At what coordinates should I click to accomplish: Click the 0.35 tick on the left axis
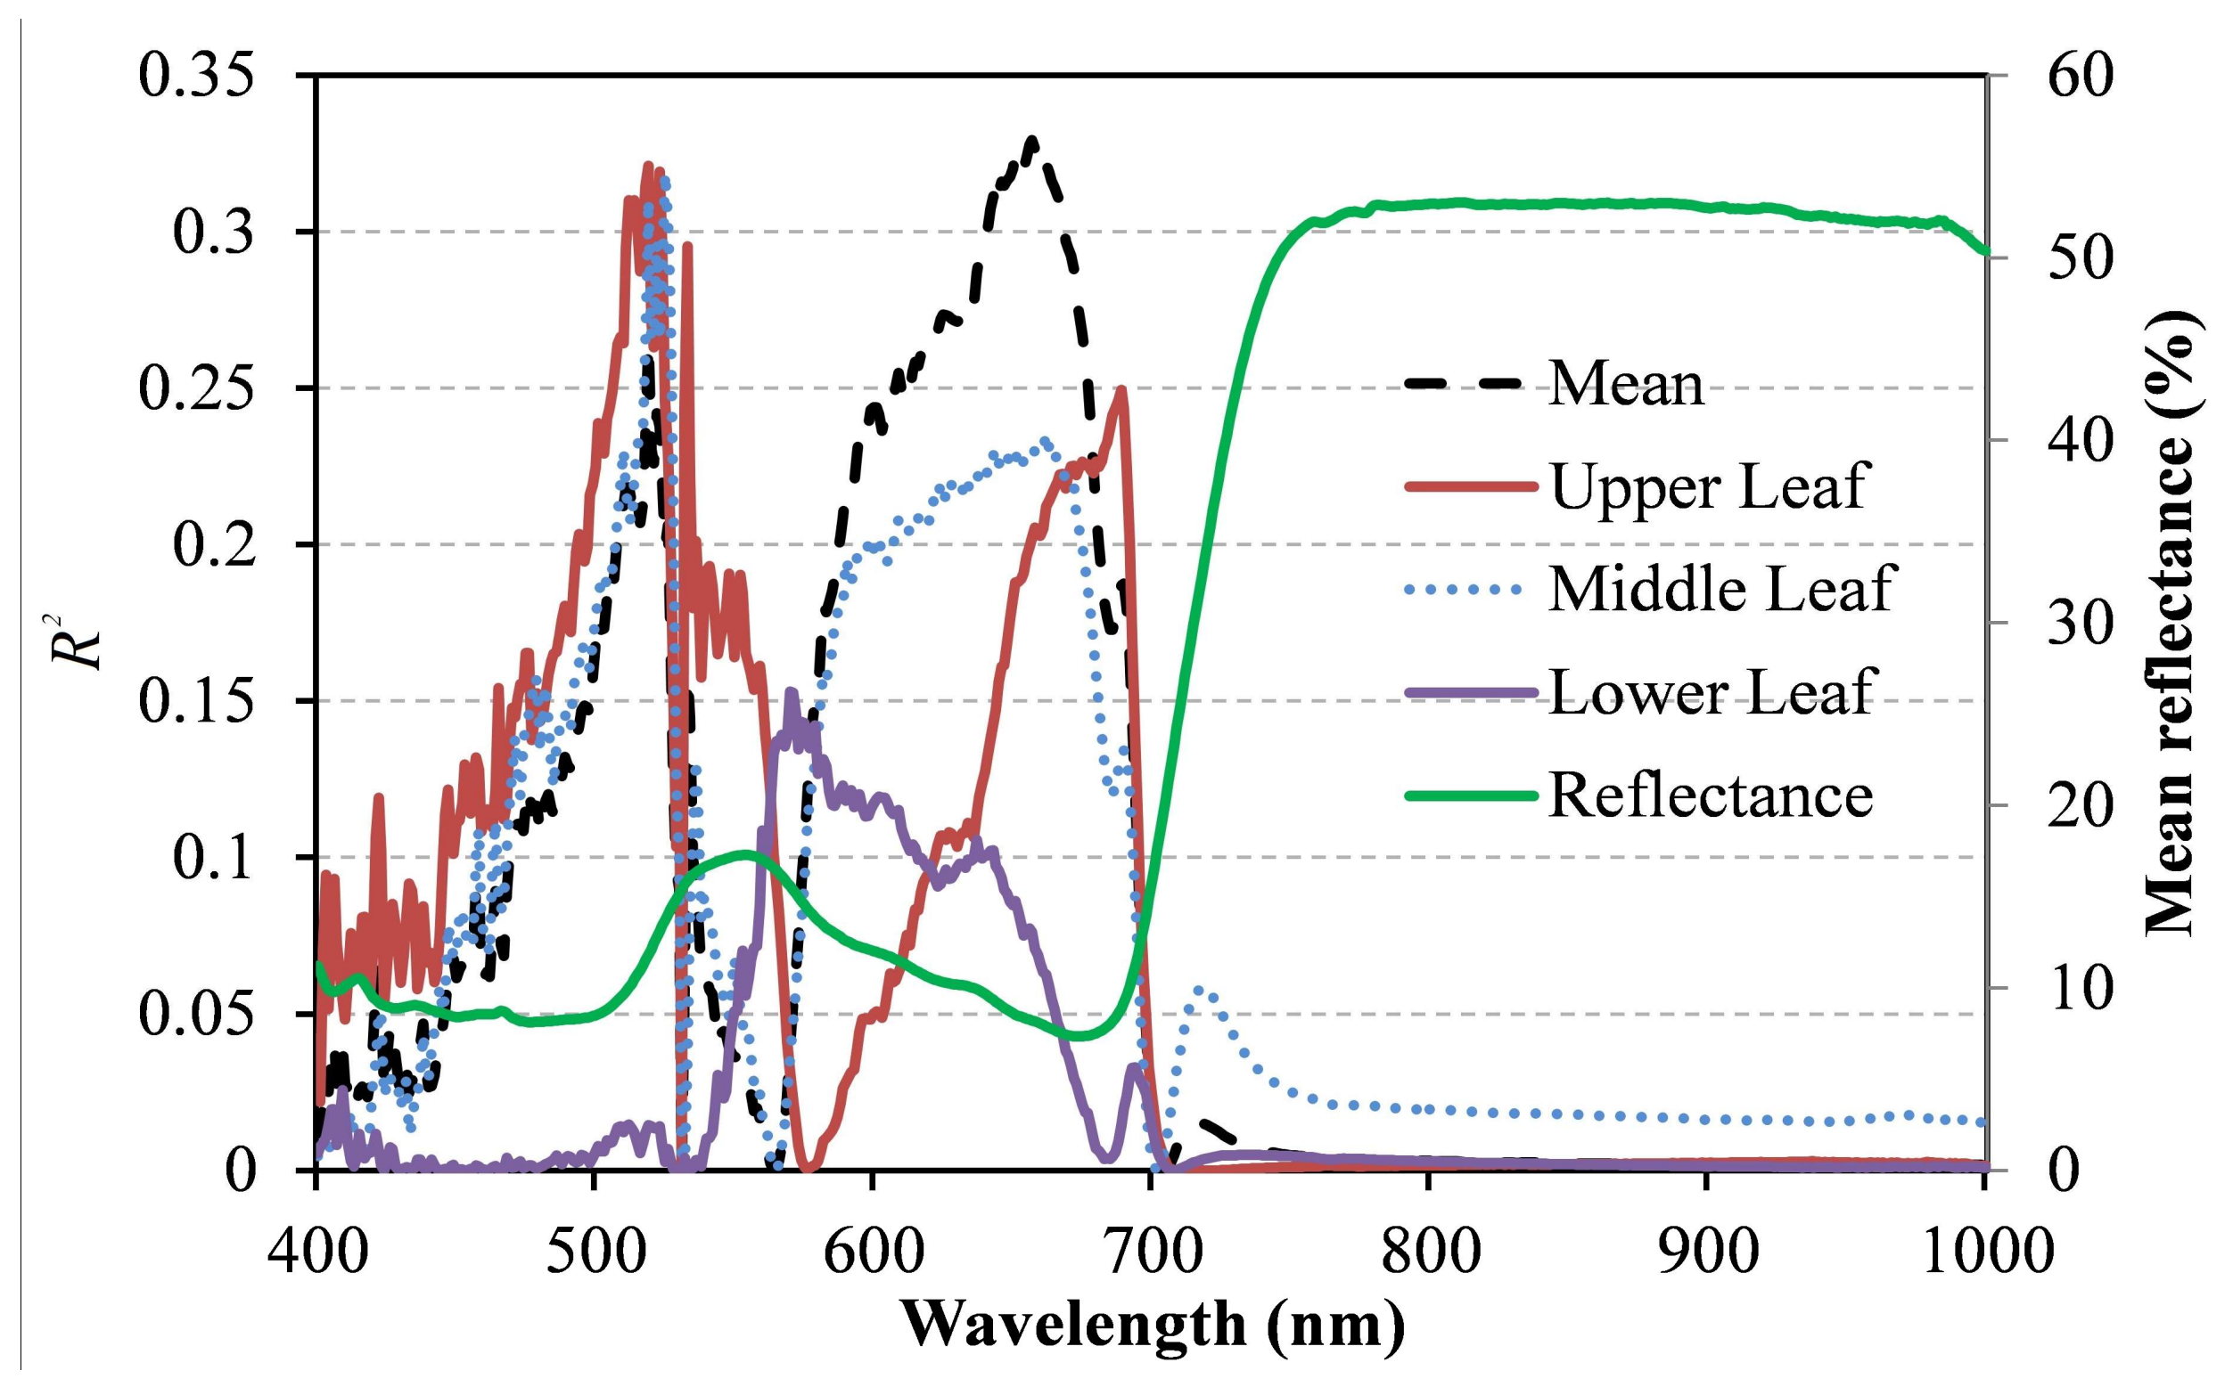(x=195, y=76)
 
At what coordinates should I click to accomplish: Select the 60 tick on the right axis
(x=2080, y=76)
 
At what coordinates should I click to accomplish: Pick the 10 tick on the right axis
(x=2080, y=989)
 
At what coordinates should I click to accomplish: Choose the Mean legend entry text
(x=1625, y=383)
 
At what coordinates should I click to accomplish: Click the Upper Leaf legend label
(x=1708, y=486)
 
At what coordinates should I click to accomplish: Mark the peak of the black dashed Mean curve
(x=1033, y=142)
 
